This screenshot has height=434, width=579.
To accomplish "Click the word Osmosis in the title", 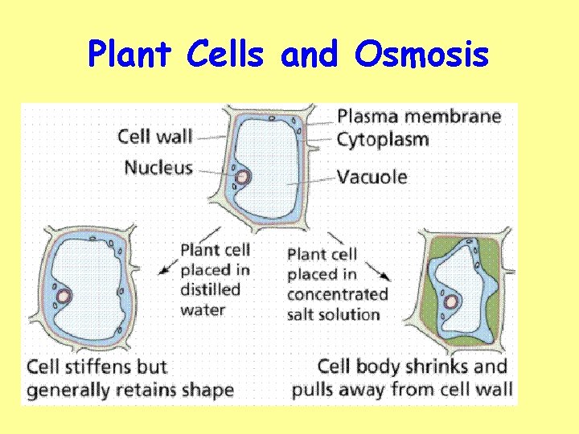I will pos(421,55).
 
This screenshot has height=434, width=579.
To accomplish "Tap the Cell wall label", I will pos(155,135).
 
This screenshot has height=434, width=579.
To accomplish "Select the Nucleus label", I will pos(158,167).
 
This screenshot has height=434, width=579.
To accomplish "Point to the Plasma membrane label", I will pos(419,117).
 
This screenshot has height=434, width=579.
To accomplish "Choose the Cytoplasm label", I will pos(383,139).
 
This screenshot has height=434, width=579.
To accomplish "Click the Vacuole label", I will pos(372,177).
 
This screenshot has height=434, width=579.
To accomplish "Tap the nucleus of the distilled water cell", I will pos(63,297).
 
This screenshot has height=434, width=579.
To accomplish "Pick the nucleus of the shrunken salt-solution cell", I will pos(452,301).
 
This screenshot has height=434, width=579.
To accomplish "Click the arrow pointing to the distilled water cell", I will pos(168,268).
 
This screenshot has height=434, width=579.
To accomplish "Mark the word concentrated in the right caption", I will pos(337,294).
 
